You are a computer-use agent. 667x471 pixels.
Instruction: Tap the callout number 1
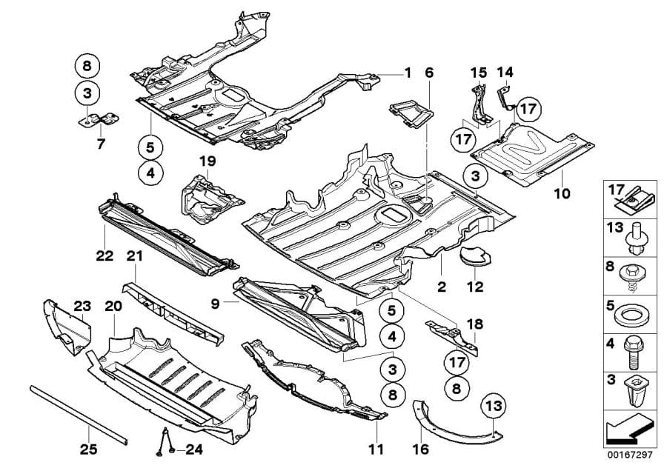point(406,73)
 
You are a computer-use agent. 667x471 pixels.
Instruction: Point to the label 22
point(104,255)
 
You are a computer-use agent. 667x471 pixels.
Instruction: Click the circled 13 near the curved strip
point(495,406)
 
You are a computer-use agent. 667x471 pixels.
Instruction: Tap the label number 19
point(207,161)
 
